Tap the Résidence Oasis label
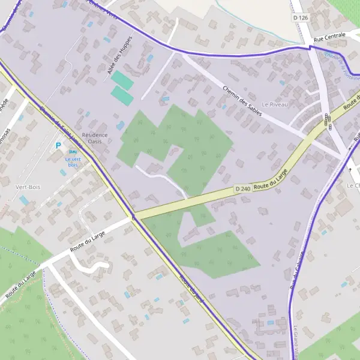tap(95, 139)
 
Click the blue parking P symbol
tap(58, 145)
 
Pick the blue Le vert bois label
tap(73, 161)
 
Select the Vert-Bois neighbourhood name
tap(28, 187)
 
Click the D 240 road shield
tap(242, 189)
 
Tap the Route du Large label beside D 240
tap(271, 179)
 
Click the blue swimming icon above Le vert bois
tap(73, 152)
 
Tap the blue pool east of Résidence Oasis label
tap(121, 125)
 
